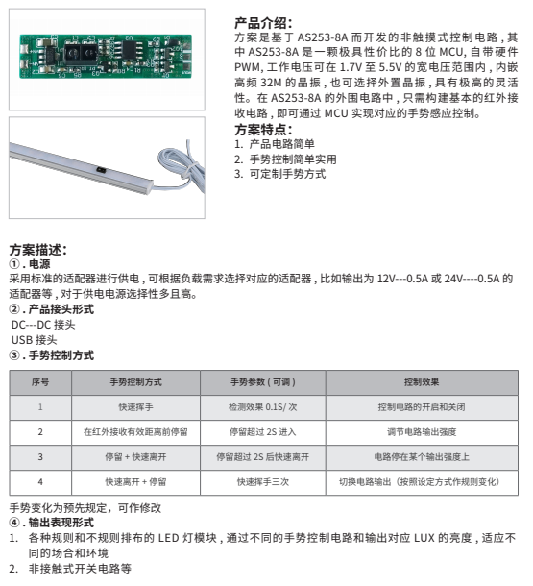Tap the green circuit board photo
[106, 56]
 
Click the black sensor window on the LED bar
[101, 170]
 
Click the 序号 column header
[40, 382]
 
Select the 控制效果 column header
[422, 382]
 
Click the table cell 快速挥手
[135, 407]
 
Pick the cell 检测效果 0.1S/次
[263, 407]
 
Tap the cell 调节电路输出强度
[422, 432]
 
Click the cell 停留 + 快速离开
[135, 457]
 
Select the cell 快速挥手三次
[263, 482]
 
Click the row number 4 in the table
[40, 482]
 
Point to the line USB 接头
[34, 340]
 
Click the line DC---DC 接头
[43, 325]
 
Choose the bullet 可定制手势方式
[280, 174]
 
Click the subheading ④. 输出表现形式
[52, 523]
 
